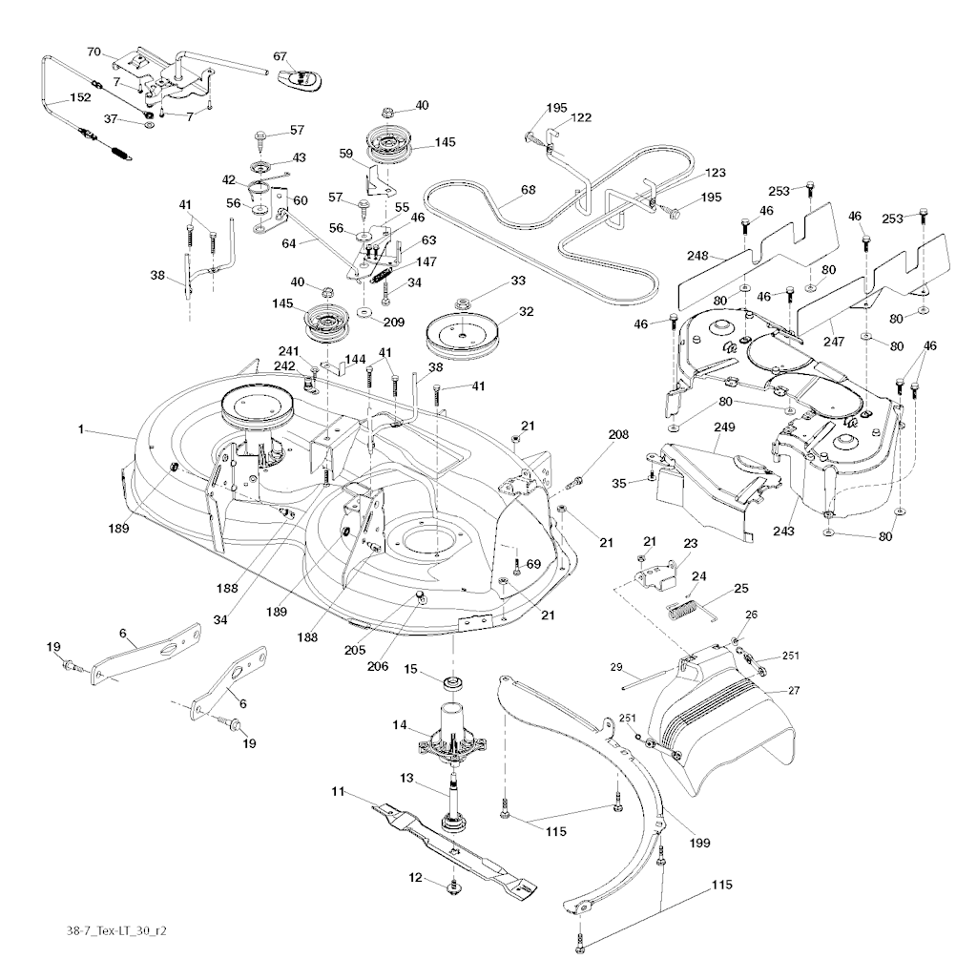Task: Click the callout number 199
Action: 700,844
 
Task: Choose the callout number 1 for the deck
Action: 83,431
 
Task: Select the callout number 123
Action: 716,173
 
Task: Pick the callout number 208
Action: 618,434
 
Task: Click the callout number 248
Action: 697,256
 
